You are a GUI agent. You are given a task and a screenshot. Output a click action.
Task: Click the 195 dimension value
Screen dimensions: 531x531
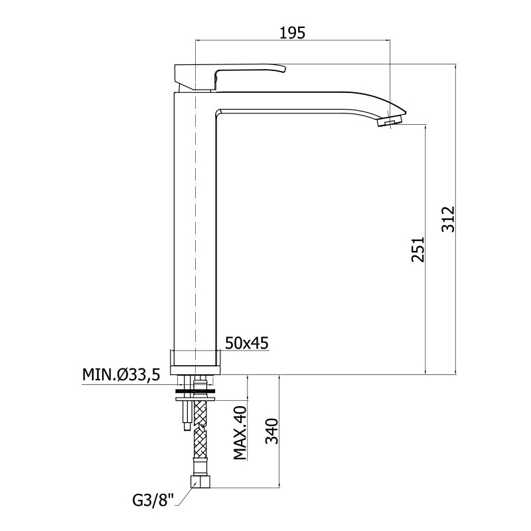pyautogui.click(x=293, y=33)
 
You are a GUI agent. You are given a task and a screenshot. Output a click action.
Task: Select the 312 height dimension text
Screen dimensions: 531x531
pyautogui.click(x=449, y=219)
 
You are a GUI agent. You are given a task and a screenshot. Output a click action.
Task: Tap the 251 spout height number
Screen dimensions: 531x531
pyautogui.click(x=418, y=250)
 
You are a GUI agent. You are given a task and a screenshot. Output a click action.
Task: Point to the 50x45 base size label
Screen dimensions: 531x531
pyautogui.click(x=247, y=343)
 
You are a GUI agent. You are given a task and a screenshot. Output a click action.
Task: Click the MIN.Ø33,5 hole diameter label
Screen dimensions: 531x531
pyautogui.click(x=121, y=375)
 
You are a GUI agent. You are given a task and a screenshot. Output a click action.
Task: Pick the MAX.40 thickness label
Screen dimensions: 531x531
pyautogui.click(x=240, y=433)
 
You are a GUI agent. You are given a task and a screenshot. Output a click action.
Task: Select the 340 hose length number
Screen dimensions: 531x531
pyautogui.click(x=271, y=431)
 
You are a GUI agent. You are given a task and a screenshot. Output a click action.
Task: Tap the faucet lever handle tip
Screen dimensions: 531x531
pyautogui.click(x=284, y=69)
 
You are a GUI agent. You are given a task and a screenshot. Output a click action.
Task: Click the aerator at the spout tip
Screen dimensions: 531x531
pyautogui.click(x=390, y=121)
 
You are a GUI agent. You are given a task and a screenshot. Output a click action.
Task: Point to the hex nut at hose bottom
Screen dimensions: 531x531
pyautogui.click(x=201, y=482)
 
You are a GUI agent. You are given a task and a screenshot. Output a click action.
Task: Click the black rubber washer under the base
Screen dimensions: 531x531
pyautogui.click(x=195, y=392)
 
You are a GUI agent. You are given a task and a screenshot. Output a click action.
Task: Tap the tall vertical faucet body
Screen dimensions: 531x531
pyautogui.click(x=194, y=220)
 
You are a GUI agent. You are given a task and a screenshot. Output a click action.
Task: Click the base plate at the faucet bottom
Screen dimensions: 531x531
pyautogui.click(x=195, y=370)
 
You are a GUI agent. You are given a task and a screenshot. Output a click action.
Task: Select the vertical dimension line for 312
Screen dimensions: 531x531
pyautogui.click(x=456, y=219)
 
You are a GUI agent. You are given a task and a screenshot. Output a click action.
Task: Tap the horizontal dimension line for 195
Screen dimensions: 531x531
pyautogui.click(x=293, y=40)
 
